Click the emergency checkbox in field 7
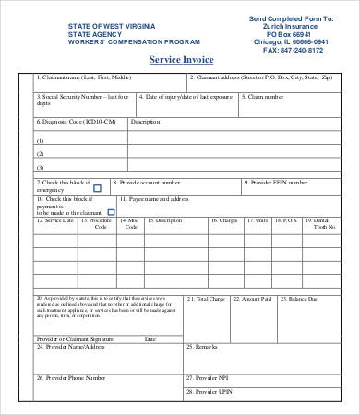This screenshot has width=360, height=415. [97, 187]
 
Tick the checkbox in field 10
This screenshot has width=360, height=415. [111, 211]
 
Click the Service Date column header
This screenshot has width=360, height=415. [55, 220]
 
